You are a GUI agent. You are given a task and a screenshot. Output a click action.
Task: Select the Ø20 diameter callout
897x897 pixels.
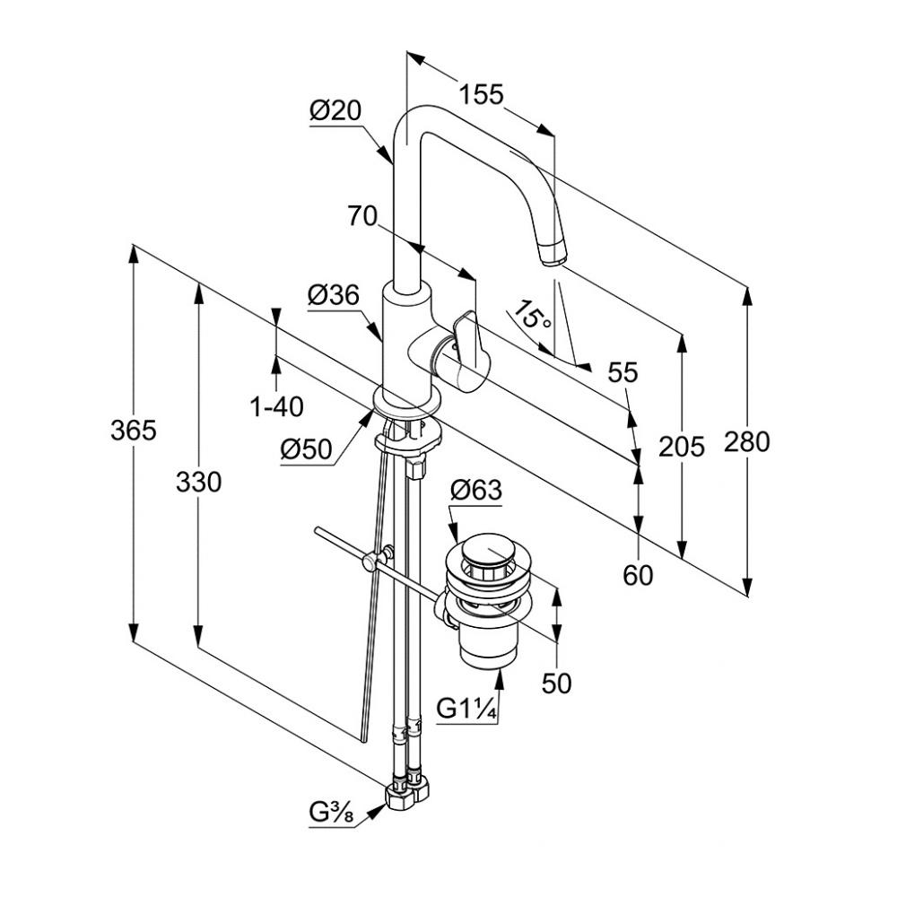coord(335,111)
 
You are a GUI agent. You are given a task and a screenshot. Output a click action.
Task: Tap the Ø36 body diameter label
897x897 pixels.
coord(333,295)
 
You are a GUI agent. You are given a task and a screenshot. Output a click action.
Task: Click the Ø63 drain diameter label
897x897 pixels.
coord(475,490)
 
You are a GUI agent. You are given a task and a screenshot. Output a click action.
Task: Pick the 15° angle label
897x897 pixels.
coord(531,316)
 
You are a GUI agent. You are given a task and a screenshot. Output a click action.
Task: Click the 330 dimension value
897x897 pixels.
coord(197,483)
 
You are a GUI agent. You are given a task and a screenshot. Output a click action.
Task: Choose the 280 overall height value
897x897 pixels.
coord(746,441)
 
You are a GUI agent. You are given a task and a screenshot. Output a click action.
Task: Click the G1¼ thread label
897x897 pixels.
coord(466,709)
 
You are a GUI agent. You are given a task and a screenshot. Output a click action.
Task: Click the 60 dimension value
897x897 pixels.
coord(638,575)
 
